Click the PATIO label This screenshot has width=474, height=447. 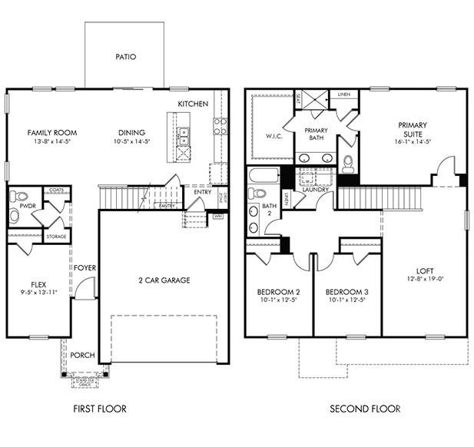pyautogui.click(x=125, y=57)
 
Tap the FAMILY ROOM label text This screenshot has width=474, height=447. pyautogui.click(x=51, y=132)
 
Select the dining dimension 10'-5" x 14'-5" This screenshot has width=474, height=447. pyautogui.click(x=131, y=142)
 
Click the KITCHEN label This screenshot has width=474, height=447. pyautogui.click(x=193, y=104)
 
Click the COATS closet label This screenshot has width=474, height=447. pyautogui.click(x=55, y=190)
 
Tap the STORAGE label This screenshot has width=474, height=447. pyautogui.click(x=56, y=237)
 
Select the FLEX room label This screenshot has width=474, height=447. pyautogui.click(x=38, y=283)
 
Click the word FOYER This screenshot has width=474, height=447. pyautogui.click(x=85, y=268)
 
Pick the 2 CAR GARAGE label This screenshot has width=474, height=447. pyautogui.click(x=164, y=280)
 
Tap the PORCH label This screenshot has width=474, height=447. pyautogui.click(x=82, y=356)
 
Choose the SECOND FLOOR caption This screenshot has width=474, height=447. pyautogui.click(x=365, y=409)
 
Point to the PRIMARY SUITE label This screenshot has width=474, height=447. pyautogui.click(x=413, y=130)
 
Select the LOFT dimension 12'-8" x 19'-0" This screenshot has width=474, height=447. pyautogui.click(x=424, y=280)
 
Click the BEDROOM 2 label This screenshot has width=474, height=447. pyautogui.click(x=278, y=292)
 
